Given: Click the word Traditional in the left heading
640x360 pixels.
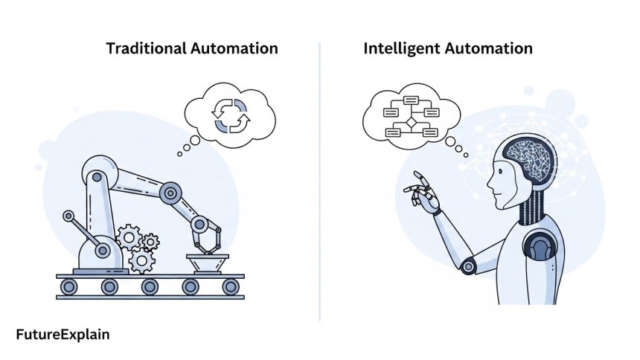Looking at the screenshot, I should [x=146, y=49].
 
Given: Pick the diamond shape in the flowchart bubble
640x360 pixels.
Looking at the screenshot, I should [x=409, y=122].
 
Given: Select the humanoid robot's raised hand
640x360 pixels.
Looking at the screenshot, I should [x=422, y=193].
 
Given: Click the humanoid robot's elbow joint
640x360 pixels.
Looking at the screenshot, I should [x=469, y=264].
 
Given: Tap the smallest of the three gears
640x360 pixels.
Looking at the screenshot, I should [x=150, y=241].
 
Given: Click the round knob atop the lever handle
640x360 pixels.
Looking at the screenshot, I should [x=69, y=216].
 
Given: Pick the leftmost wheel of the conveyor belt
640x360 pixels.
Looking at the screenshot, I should [x=69, y=286].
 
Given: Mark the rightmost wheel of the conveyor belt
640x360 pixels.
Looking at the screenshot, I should [x=231, y=286].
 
